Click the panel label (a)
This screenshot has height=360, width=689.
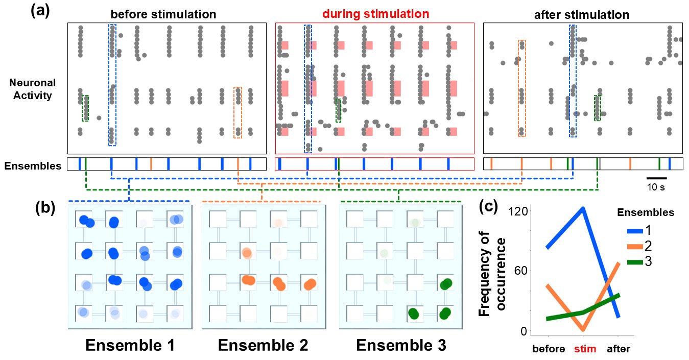point(40,11)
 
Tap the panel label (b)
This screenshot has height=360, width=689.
point(45,208)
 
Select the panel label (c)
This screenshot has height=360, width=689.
point(488,207)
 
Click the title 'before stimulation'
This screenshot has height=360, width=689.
point(163,14)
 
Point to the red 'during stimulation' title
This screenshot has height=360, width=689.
point(375,14)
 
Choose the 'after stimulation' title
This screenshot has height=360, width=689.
point(582,15)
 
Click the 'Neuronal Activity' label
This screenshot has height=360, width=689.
point(32,89)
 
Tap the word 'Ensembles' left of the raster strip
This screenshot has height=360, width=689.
point(33,166)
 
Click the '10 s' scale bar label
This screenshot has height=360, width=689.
point(656,187)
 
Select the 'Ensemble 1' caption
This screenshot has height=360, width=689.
point(130,345)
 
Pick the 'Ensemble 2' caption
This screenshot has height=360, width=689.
point(263,345)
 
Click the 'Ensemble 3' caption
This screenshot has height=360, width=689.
point(401,345)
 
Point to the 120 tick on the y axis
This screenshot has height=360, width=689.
point(518,211)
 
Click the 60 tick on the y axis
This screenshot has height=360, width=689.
point(521,271)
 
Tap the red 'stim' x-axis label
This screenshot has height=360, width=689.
point(585,349)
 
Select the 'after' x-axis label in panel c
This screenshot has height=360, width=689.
point(618,349)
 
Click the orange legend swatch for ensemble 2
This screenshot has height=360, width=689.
point(635,247)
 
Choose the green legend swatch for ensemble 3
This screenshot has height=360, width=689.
point(635,262)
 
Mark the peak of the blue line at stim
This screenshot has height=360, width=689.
point(583,209)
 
